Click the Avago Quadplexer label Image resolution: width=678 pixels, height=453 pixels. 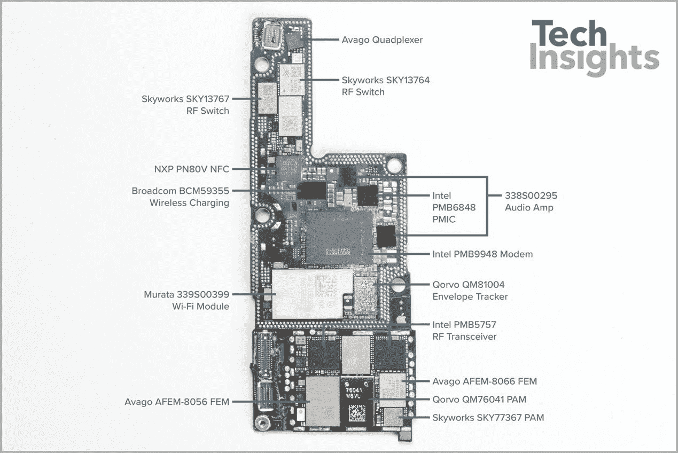pyautogui.click(x=382, y=40)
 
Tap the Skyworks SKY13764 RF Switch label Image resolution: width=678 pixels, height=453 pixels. pyautogui.click(x=385, y=86)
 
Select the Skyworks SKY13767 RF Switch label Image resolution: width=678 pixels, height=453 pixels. pyautogui.click(x=185, y=105)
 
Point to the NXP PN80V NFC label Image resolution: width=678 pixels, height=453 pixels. pyautogui.click(x=191, y=169)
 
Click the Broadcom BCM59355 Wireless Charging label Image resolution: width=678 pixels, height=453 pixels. pyautogui.click(x=181, y=197)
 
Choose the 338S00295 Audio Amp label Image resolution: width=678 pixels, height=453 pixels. pyautogui.click(x=531, y=201)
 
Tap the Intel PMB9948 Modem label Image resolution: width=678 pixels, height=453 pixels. pyautogui.click(x=482, y=254)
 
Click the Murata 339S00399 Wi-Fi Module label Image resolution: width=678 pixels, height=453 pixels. pyautogui.click(x=186, y=300)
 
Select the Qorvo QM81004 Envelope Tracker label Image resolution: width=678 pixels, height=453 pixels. pyautogui.click(x=470, y=291)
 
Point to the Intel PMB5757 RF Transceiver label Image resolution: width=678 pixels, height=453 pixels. pyautogui.click(x=464, y=330)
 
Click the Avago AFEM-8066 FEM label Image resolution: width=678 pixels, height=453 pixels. pyautogui.click(x=484, y=381)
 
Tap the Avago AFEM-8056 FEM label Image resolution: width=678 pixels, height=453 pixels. pyautogui.click(x=177, y=402)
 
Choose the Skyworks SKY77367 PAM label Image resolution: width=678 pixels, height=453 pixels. pyautogui.click(x=488, y=417)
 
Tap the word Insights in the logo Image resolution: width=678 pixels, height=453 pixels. pyautogui.click(x=594, y=60)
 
